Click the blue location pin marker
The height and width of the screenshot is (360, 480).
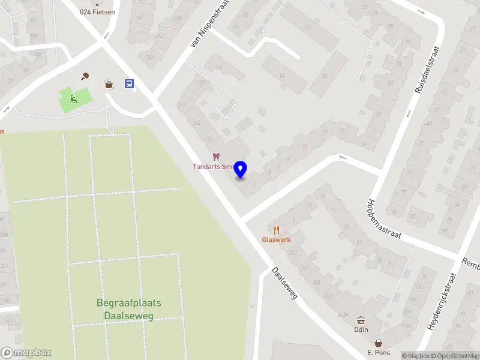pos(241,170)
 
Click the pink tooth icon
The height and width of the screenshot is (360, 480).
pos(217,157)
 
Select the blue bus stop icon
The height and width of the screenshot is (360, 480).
pos(129,84)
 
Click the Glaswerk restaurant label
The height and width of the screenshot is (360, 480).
pos(276,239)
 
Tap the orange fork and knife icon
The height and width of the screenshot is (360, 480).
pos(276,229)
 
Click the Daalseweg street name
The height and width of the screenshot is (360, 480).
pos(284,283)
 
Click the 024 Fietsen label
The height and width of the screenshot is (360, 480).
pos(98,11)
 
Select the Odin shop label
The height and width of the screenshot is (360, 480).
pos(361,329)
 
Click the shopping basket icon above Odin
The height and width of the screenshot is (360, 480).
pos(361,320)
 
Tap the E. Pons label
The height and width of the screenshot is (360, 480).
pos(379,353)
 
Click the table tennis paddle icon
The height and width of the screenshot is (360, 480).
pos(85,76)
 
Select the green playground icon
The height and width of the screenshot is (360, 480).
pos(73,98)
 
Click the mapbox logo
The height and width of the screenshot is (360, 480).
pos(26,353)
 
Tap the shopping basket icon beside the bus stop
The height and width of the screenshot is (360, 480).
pos(109,84)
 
